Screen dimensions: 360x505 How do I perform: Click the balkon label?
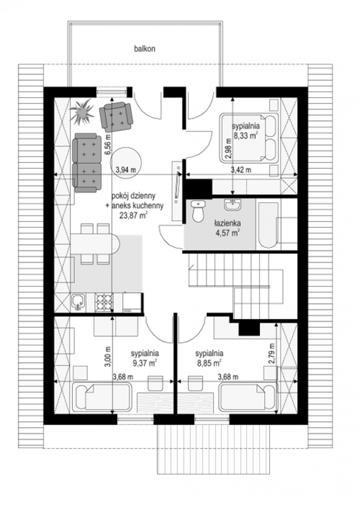pyautogui.click(x=145, y=49)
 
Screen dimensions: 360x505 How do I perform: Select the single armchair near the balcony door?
pyautogui.click(x=115, y=117)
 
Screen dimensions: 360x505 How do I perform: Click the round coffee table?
pyautogui.click(x=126, y=163)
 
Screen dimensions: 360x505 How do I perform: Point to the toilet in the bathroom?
pyautogui.click(x=198, y=211)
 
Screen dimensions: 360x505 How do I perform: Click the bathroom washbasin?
pyautogui.click(x=232, y=205)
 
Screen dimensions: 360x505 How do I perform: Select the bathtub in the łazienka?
pyautogui.click(x=268, y=225)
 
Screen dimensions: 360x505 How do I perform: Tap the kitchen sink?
pyautogui.click(x=78, y=302)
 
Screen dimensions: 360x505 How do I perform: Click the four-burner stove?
pyautogui.click(x=104, y=302)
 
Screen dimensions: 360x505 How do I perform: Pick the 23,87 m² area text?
pyautogui.click(x=133, y=216)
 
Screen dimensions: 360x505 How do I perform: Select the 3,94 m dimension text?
pyautogui.click(x=126, y=169)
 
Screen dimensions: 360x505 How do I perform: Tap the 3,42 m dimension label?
pyautogui.click(x=241, y=170)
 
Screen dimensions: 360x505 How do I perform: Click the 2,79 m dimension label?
pyautogui.click(x=272, y=353)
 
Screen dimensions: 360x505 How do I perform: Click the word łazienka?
pyautogui.click(x=227, y=223)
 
